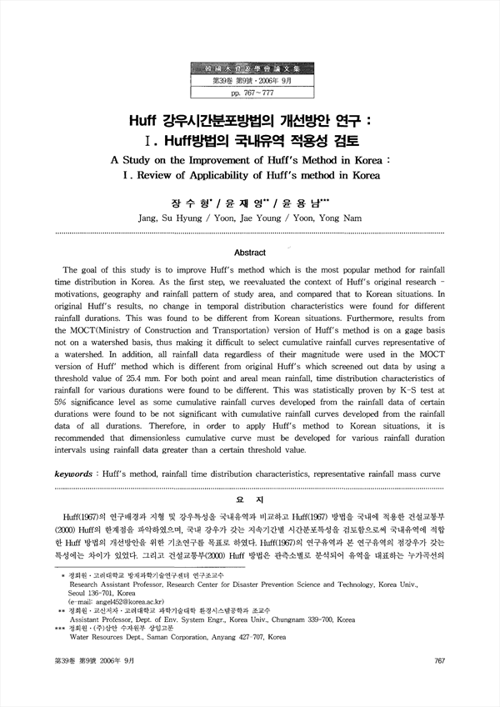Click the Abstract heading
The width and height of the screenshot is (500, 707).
[250, 253]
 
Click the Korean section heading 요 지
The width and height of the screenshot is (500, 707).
[250, 499]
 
